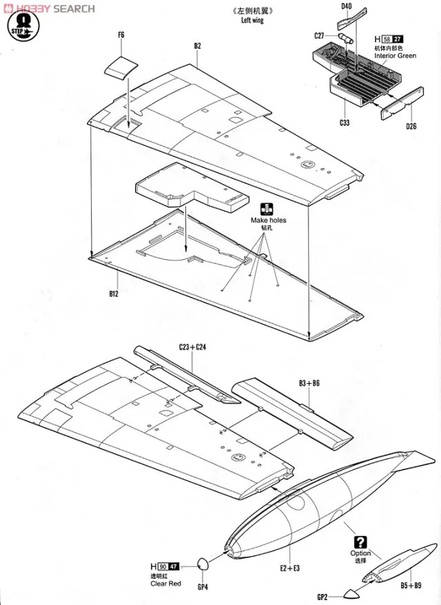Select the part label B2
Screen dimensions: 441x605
(x=197, y=46)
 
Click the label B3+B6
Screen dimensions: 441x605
(x=309, y=381)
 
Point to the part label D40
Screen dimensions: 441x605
(x=346, y=6)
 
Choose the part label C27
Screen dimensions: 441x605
(x=319, y=36)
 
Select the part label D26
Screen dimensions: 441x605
(x=411, y=125)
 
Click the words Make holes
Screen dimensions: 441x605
(x=268, y=221)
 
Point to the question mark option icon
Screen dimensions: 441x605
(x=360, y=542)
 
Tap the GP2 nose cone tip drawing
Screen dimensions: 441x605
(x=347, y=594)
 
